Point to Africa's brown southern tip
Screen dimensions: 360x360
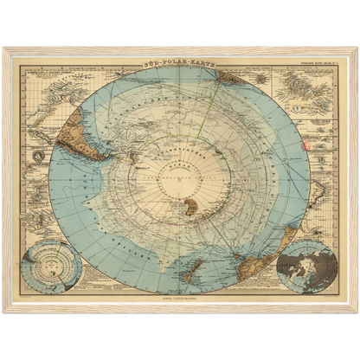click(x=232, y=77)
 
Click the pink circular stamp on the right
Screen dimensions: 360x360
click(x=304, y=146)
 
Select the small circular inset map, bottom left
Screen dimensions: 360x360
click(x=53, y=267)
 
